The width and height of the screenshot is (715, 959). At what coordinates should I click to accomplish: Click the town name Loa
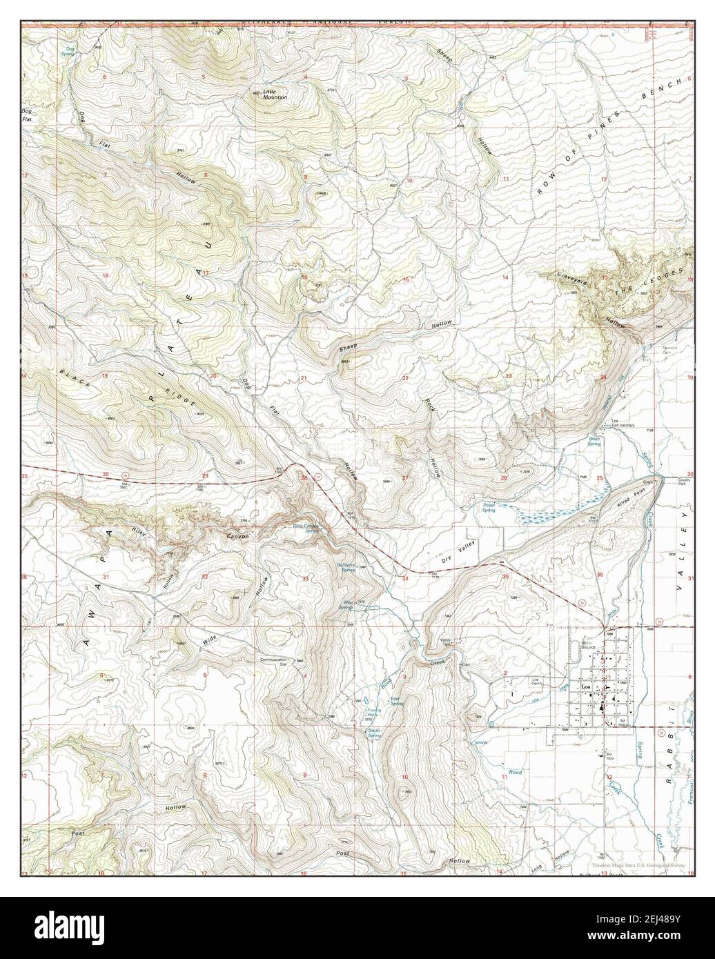(x=587, y=688)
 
